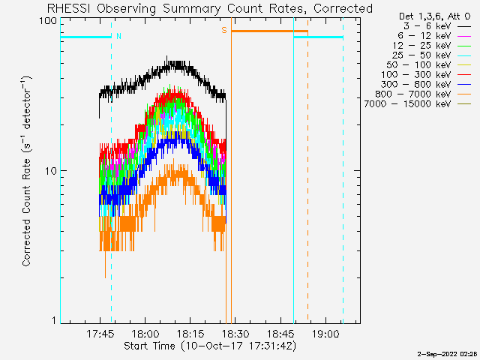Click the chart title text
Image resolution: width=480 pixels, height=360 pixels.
[x=210, y=8]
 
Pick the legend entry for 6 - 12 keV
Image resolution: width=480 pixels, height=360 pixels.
[x=434, y=36]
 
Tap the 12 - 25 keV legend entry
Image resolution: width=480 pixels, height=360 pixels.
[x=432, y=46]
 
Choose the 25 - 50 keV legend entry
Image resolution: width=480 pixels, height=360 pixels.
[x=432, y=55]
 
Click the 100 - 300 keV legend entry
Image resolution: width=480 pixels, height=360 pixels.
[x=426, y=75]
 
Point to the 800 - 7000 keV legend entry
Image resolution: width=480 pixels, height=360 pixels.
[x=423, y=94]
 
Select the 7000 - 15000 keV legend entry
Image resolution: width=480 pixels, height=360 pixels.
[x=418, y=104]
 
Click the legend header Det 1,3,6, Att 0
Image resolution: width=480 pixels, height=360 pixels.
[x=435, y=16]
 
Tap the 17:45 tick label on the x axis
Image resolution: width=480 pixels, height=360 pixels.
[x=100, y=333]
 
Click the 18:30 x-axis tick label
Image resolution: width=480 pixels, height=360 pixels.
[x=235, y=333]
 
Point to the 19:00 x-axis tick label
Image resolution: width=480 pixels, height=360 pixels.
[x=325, y=333]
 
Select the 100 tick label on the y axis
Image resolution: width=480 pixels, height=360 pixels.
[x=48, y=21]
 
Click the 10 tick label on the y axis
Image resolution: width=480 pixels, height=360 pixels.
[x=51, y=171]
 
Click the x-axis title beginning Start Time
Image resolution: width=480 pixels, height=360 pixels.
[x=210, y=346]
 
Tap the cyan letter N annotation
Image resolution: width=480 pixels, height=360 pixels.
[x=118, y=36]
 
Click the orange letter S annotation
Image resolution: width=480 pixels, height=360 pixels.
[x=224, y=30]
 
